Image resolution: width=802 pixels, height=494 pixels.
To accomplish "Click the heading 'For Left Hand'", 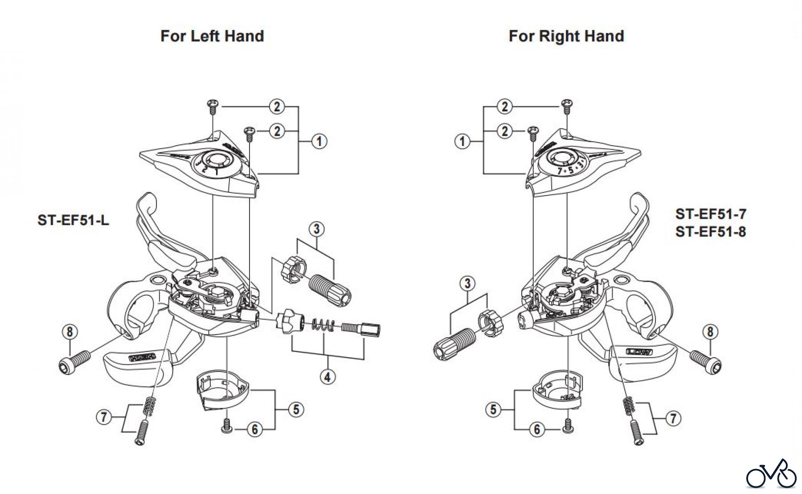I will [x=212, y=36].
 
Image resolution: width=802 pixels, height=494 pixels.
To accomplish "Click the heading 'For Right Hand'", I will [x=566, y=36].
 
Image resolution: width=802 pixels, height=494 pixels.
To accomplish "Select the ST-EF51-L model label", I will [x=73, y=220].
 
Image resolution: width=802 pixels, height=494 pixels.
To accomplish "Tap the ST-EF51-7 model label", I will [x=711, y=214].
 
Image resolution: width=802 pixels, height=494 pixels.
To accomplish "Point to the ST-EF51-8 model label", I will [x=711, y=232].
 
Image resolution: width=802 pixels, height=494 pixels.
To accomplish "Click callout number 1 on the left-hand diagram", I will [x=319, y=142].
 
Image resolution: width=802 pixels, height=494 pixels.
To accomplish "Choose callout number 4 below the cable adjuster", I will [x=327, y=377].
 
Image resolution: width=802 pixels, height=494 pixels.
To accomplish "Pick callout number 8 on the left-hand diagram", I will [x=70, y=332].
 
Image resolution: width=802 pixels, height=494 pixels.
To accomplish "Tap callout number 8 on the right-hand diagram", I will [x=710, y=332].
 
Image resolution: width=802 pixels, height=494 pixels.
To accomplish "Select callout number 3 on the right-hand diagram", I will [x=467, y=283].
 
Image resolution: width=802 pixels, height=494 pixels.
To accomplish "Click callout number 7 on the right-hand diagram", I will [x=673, y=418].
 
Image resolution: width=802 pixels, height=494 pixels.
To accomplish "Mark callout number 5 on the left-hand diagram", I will [x=296, y=409].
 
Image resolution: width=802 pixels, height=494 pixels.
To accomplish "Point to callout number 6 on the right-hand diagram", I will [x=537, y=429].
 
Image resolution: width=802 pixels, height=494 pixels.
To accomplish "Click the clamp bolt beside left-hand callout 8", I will [x=74, y=360].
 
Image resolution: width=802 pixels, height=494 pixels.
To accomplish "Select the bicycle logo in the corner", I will [x=771, y=474].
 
